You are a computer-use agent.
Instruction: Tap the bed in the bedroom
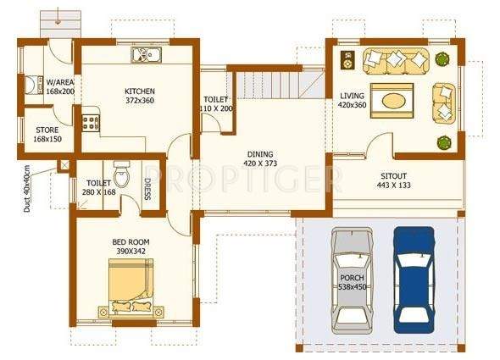coord(131,285)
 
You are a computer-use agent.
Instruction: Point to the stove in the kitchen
coord(91,122)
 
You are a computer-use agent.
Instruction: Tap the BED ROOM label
coord(131,242)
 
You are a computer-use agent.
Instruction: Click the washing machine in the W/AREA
coord(33,86)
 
